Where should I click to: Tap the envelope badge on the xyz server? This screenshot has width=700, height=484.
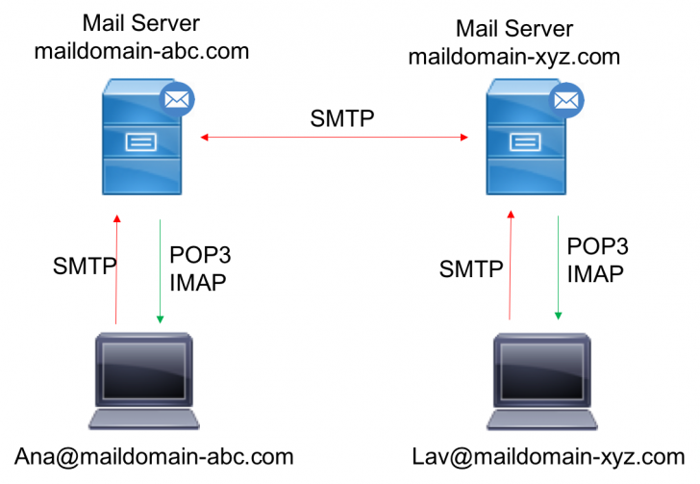point(566,97)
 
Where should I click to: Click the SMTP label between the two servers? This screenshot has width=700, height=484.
point(342,119)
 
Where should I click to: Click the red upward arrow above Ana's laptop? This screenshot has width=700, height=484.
point(116,270)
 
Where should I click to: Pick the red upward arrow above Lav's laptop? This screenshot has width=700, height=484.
point(511,270)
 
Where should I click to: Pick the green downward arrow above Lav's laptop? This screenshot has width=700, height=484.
point(558,268)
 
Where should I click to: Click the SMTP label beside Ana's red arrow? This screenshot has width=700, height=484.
point(85,267)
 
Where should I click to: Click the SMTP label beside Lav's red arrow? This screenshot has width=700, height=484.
point(471,268)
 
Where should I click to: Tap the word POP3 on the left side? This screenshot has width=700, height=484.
point(199,254)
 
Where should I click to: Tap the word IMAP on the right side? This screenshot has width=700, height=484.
point(595,273)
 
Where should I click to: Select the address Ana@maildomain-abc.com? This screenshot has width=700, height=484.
point(154,455)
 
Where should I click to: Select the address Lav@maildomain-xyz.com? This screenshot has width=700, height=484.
point(548,455)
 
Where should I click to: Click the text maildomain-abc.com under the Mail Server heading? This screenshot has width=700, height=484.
point(141,51)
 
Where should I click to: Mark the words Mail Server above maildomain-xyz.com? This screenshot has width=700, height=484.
point(513,30)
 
